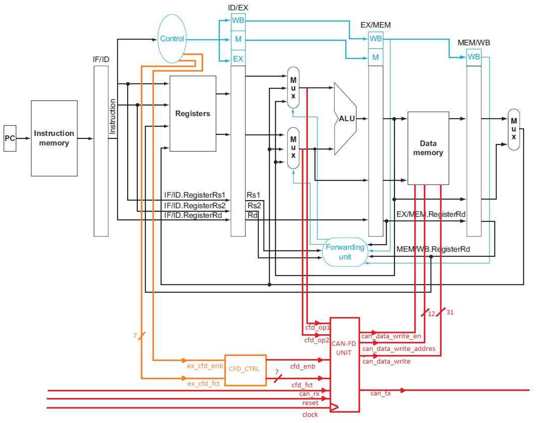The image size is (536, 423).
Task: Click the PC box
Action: point(10,138)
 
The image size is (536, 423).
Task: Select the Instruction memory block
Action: point(54,138)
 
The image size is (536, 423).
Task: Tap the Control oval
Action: point(172,39)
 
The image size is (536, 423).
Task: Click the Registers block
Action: point(193,113)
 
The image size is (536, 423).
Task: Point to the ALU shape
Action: point(345,119)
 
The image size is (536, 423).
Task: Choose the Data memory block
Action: point(428,148)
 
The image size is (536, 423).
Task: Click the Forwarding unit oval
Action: point(345,252)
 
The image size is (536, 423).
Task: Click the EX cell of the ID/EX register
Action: point(238,59)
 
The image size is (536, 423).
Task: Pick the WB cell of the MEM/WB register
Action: point(474,57)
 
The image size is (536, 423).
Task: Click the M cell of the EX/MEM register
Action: point(375,57)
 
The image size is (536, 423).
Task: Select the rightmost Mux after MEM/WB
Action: point(513,129)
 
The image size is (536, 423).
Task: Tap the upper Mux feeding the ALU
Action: point(293,88)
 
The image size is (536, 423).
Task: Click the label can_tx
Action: point(380,393)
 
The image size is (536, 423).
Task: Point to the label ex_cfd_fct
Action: point(203,384)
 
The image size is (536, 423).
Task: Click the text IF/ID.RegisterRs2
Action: point(195,206)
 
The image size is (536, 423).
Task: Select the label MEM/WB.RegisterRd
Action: point(433,249)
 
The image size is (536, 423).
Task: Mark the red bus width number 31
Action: point(450,312)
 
